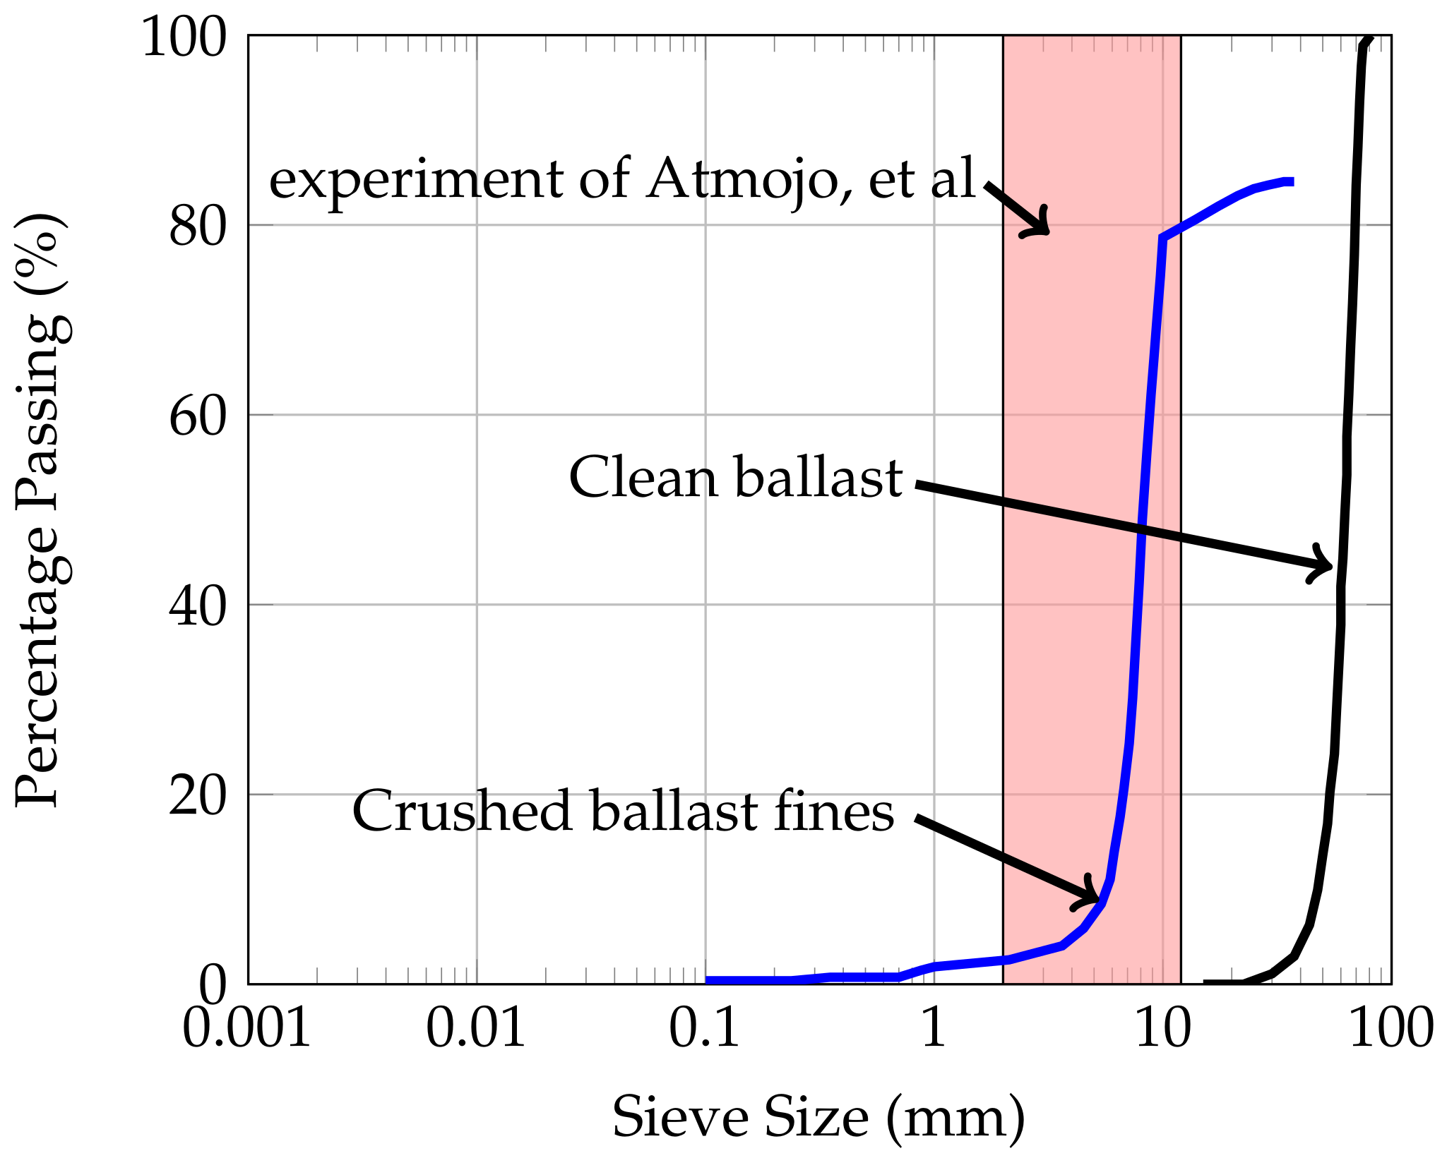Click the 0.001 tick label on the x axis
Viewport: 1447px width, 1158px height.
point(246,1028)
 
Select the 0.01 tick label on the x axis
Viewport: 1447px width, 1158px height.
point(476,1028)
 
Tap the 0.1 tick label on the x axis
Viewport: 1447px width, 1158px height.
point(704,1028)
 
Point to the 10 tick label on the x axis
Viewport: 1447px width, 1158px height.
point(1162,1028)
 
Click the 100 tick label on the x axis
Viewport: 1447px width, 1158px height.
point(1391,1028)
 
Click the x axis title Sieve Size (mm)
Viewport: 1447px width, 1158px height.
point(818,1117)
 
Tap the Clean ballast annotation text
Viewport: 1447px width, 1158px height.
point(736,478)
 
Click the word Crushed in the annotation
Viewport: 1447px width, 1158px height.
point(462,812)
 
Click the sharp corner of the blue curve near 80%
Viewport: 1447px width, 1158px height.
point(1162,238)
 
